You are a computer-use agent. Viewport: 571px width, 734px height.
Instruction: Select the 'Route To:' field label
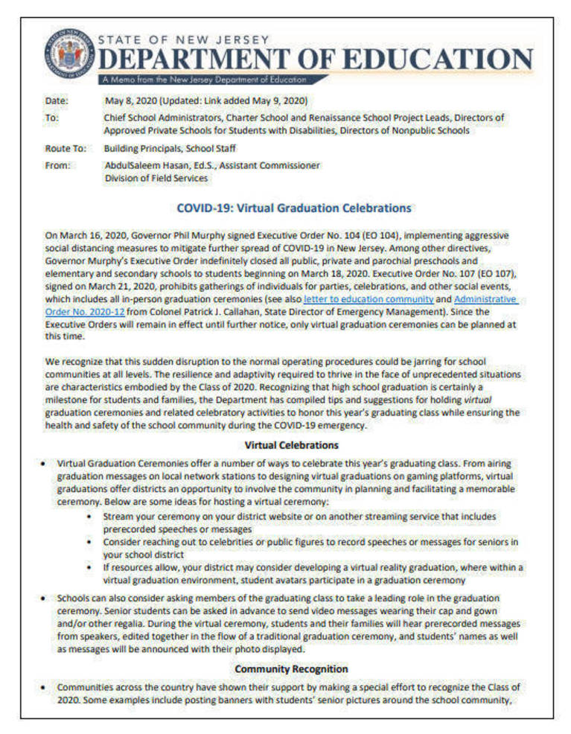(x=66, y=148)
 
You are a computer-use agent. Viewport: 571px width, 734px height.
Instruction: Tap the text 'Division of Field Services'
(x=156, y=178)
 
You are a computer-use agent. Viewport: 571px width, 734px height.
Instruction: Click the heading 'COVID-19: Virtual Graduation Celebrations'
(x=293, y=208)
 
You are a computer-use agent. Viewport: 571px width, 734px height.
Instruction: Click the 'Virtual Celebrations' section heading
(x=291, y=445)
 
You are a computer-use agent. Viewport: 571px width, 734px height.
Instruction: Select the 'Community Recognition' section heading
(x=291, y=668)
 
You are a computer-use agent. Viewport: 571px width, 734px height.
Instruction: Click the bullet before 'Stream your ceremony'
(x=90, y=516)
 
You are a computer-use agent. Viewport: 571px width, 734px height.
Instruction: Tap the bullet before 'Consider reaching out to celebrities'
(x=90, y=541)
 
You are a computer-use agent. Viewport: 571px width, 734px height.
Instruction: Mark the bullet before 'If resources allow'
(x=90, y=567)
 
